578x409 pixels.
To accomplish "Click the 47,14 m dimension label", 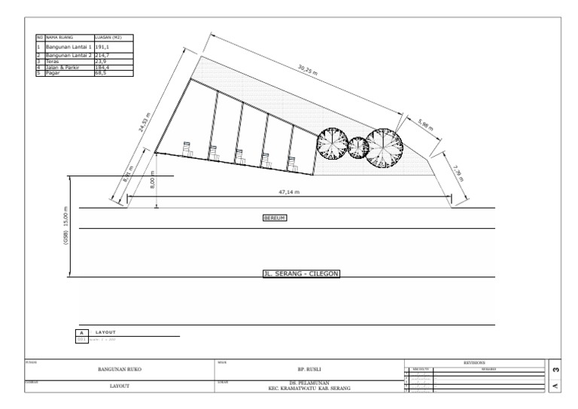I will [289, 193].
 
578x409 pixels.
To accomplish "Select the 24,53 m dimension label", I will [144, 122].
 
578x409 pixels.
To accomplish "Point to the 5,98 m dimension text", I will [425, 124].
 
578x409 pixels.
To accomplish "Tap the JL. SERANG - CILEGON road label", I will [301, 274].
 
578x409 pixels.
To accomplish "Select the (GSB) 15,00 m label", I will [66, 226].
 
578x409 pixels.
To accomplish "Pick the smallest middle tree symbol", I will [357, 148].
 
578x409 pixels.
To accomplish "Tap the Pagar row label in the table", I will [52, 72].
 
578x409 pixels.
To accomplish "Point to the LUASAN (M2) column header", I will [109, 37].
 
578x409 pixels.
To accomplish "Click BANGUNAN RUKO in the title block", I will [120, 370].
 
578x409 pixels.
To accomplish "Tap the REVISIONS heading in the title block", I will [473, 362].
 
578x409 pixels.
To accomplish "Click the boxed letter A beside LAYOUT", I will [81, 332].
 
